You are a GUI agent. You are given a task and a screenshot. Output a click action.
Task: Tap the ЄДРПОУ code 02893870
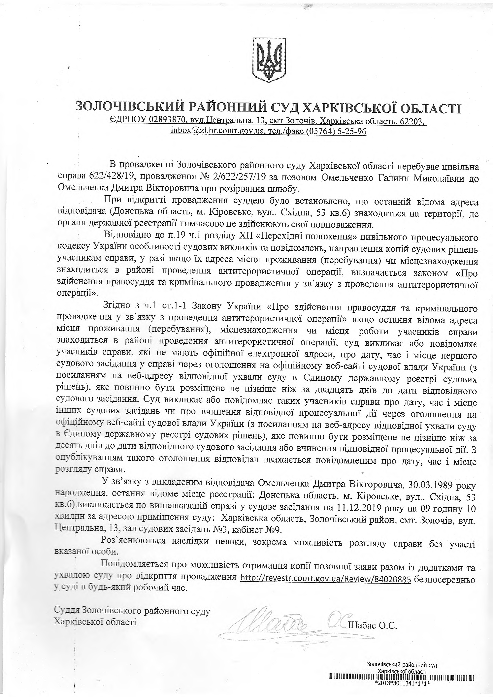pyautogui.click(x=167, y=121)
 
